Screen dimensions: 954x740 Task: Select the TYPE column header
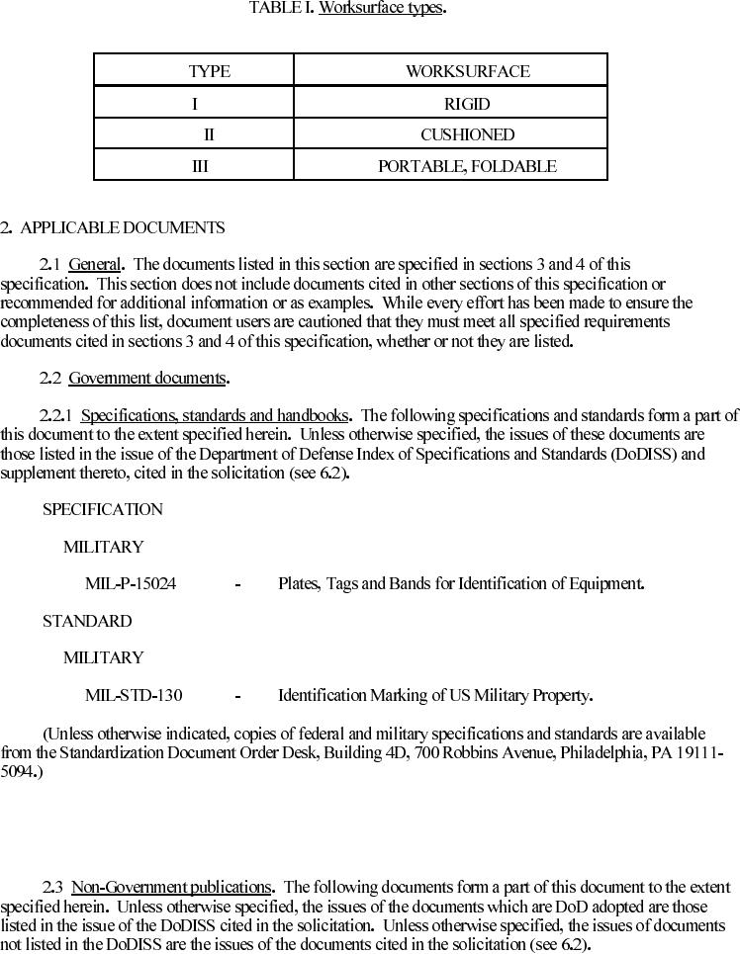(x=209, y=71)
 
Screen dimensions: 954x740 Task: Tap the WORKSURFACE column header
(x=467, y=71)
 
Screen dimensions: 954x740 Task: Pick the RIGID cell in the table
(x=467, y=104)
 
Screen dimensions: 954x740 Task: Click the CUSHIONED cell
(x=467, y=134)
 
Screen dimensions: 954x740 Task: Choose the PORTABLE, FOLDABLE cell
(x=467, y=166)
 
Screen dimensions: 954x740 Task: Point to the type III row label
(x=200, y=166)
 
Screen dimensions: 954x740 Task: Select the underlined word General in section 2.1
(x=95, y=265)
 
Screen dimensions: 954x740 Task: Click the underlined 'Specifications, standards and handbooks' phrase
(x=215, y=416)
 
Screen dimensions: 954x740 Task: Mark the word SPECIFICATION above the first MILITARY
(x=103, y=510)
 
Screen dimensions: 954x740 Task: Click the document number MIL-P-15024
(x=131, y=584)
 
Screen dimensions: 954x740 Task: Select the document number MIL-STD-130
(x=134, y=696)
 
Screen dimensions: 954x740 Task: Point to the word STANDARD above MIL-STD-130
(x=87, y=622)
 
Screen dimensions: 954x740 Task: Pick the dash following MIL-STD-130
(x=237, y=696)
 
